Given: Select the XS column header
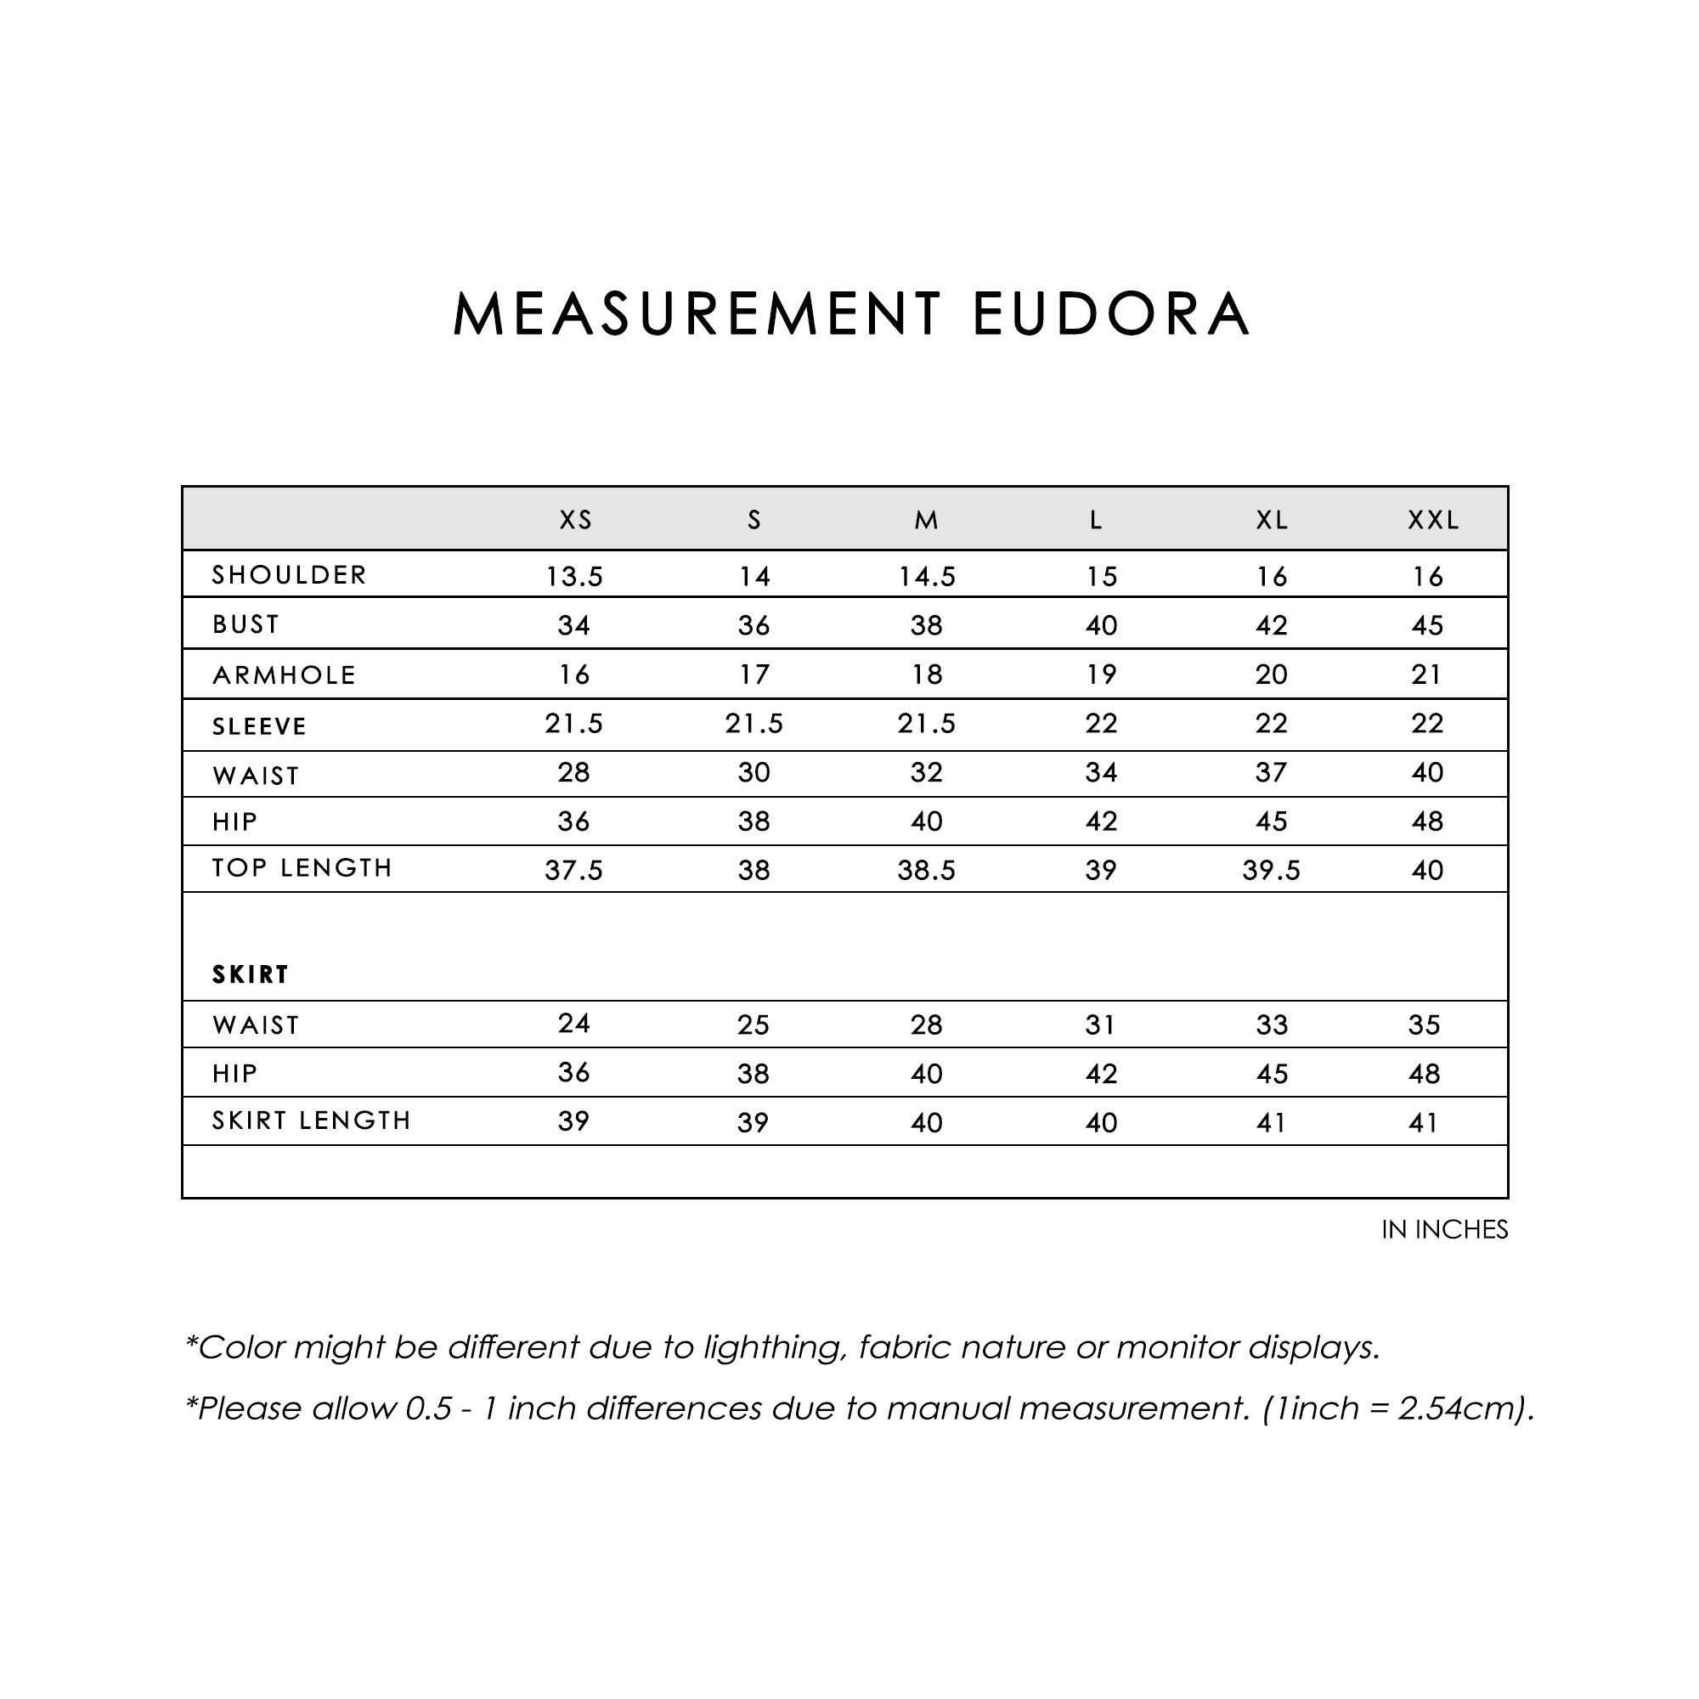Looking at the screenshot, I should pyautogui.click(x=576, y=521).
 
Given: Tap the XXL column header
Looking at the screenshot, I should pyautogui.click(x=1433, y=521).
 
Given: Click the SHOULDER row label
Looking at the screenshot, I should pyautogui.click(x=290, y=575).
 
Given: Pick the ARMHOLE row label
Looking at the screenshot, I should pyautogui.click(x=284, y=675).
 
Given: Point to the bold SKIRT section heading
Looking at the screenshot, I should pyautogui.click(x=251, y=974).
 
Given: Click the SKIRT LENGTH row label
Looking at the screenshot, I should pyautogui.click(x=311, y=1120).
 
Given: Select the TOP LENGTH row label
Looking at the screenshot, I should pyautogui.click(x=302, y=868).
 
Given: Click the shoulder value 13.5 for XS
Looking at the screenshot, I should pyautogui.click(x=574, y=577).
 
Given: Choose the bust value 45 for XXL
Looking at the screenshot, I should pyautogui.click(x=1427, y=625).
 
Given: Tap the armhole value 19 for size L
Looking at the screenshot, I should pyautogui.click(x=1101, y=675).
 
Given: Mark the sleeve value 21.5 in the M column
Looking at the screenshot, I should pyautogui.click(x=926, y=724).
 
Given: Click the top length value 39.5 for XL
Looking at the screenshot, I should pyautogui.click(x=1271, y=870).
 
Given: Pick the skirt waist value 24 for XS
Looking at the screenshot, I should pyautogui.click(x=573, y=1023).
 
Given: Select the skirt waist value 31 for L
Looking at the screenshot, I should pyautogui.click(x=1100, y=1024).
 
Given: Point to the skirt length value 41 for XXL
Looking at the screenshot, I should pyautogui.click(x=1424, y=1122).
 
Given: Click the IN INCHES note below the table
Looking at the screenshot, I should pyautogui.click(x=1444, y=1229).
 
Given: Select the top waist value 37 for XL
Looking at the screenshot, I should pyautogui.click(x=1272, y=772).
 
